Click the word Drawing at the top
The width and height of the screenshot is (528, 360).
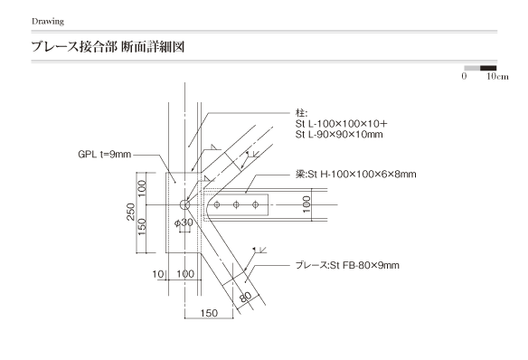[x=48, y=22]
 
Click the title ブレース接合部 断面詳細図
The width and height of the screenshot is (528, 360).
[x=108, y=46]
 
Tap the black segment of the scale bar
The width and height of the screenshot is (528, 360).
[x=488, y=68]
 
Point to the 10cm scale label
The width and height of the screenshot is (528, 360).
[x=497, y=77]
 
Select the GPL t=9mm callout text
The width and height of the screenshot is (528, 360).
[x=104, y=155]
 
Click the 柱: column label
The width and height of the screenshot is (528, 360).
[x=301, y=112]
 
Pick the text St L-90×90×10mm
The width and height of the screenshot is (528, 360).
[x=339, y=135]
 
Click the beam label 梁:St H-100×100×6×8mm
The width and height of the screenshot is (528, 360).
[x=356, y=174]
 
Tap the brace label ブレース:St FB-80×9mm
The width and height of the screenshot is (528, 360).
[x=347, y=265]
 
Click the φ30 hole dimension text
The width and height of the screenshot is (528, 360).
[x=184, y=223]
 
